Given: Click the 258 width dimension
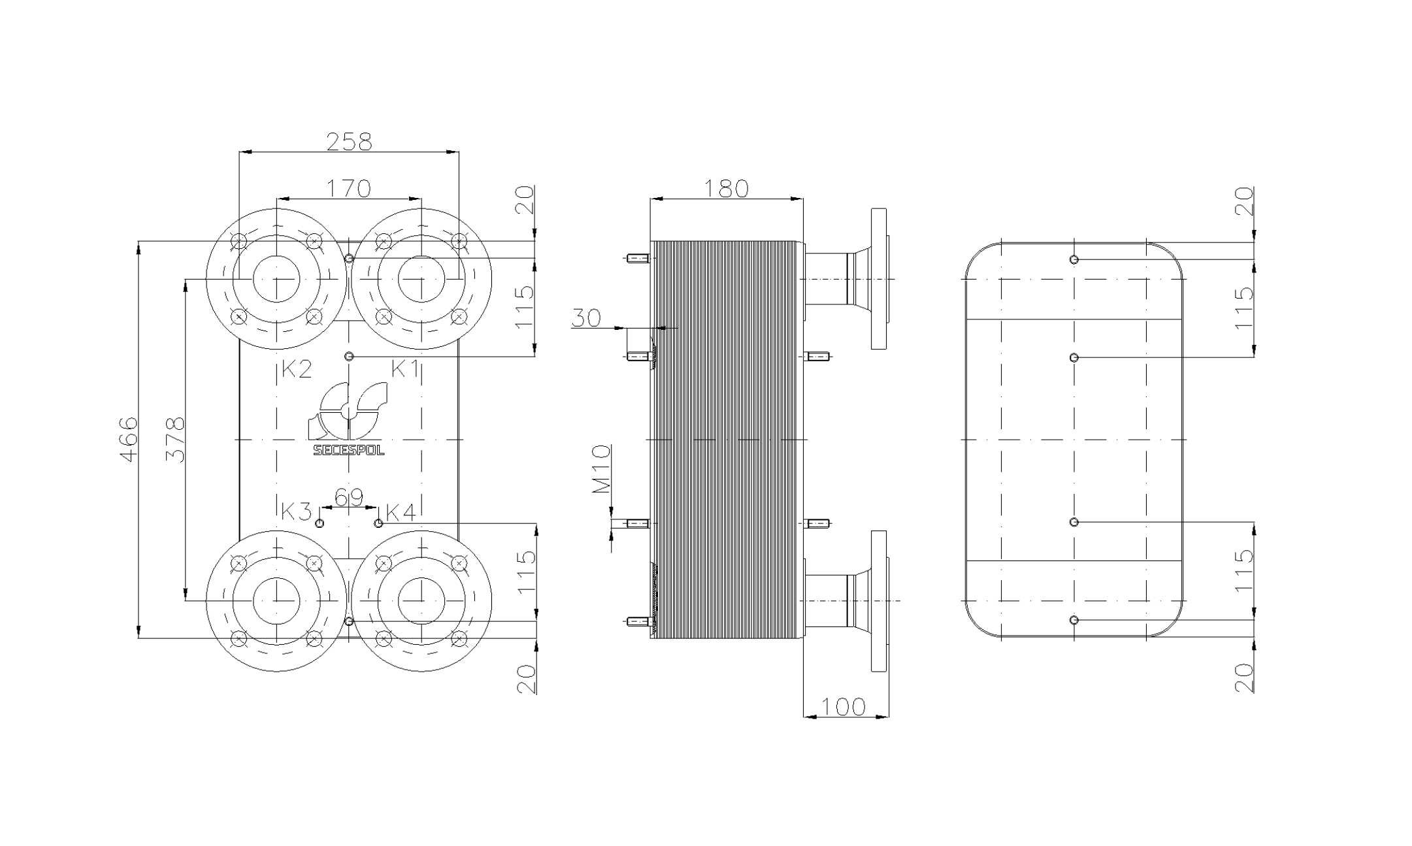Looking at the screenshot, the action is pos(349,142).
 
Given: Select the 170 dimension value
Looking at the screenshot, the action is pos(349,188).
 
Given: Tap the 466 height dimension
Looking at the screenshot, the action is pos(129,439).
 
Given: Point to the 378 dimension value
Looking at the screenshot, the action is pos(175,439).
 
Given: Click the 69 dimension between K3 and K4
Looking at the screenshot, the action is pos(349,498).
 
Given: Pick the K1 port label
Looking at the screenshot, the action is pos(405,369).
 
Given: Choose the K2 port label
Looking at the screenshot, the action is pos(296,370).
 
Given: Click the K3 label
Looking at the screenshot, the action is pos(296,512).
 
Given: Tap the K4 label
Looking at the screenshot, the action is pos(401,512).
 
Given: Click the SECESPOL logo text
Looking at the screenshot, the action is pos(349,450).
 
